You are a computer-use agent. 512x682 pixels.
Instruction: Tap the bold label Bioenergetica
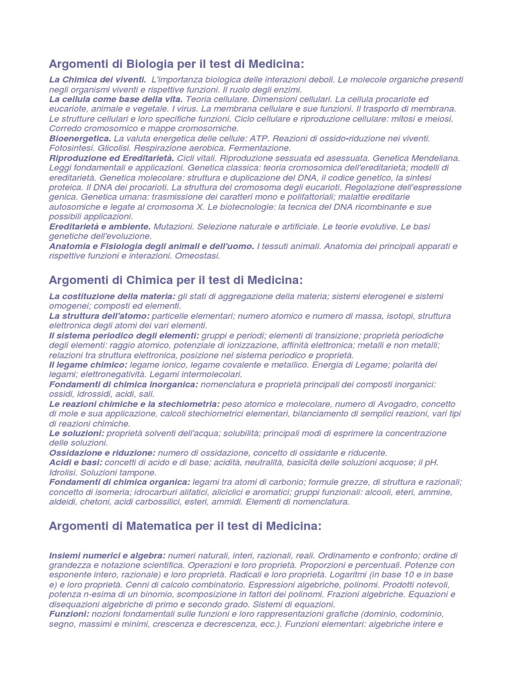coord(80,138)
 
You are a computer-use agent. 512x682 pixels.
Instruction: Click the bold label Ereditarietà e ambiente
coord(100,226)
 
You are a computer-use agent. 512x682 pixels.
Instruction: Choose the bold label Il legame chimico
coord(88,365)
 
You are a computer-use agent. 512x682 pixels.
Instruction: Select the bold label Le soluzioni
coord(76,433)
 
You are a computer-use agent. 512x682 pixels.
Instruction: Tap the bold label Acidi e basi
coord(76,462)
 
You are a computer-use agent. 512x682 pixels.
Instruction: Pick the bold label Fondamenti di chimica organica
coord(120,482)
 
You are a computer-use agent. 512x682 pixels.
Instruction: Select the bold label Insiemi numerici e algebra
coord(107,555)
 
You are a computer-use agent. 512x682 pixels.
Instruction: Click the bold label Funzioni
coord(69,614)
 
